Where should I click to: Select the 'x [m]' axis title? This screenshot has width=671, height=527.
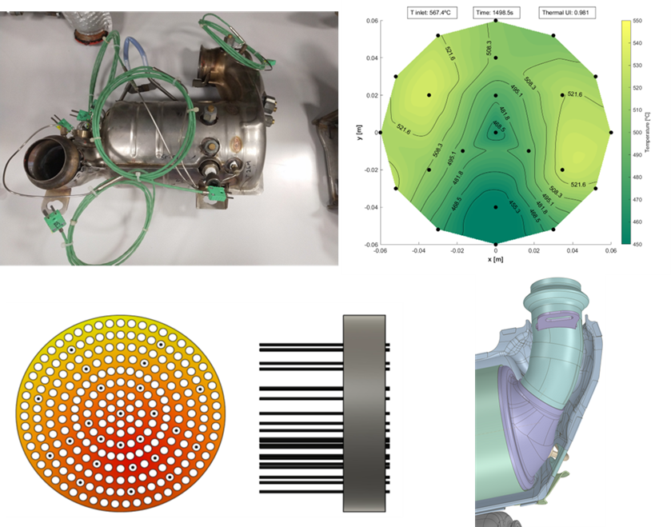[x=496, y=260]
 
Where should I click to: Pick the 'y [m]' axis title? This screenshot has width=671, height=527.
[x=352, y=132]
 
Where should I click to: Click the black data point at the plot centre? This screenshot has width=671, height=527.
[x=496, y=132]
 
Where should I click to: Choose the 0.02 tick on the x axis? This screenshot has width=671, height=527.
[x=534, y=250]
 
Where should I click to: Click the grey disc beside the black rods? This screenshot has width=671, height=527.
[x=365, y=413]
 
